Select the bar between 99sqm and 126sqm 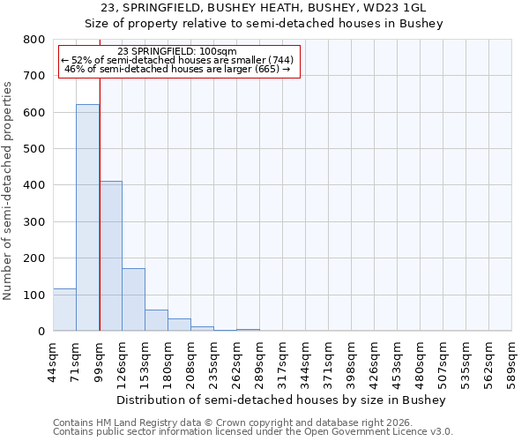click(x=110, y=256)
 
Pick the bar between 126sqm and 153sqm click(x=133, y=300)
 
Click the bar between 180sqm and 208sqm click(x=179, y=325)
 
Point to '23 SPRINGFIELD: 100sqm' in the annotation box click(x=177, y=52)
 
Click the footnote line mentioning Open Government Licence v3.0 click(x=253, y=432)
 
